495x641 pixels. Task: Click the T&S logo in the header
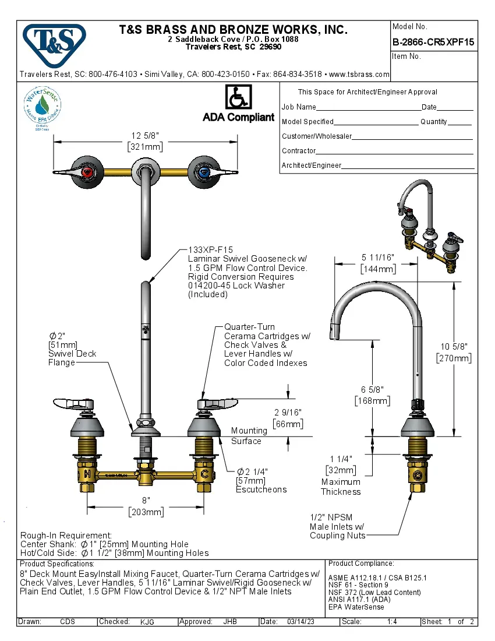(x=54, y=43)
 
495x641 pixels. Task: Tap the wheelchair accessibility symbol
(x=238, y=97)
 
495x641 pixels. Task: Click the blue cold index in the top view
(x=203, y=172)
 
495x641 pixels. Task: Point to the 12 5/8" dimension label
(x=145, y=136)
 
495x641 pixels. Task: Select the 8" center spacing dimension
(x=146, y=501)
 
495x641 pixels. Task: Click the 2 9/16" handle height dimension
(x=288, y=413)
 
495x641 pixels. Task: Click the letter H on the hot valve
(x=87, y=473)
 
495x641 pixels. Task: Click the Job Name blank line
(x=368, y=108)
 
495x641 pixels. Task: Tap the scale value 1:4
(x=392, y=622)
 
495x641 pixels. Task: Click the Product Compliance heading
(x=361, y=563)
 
